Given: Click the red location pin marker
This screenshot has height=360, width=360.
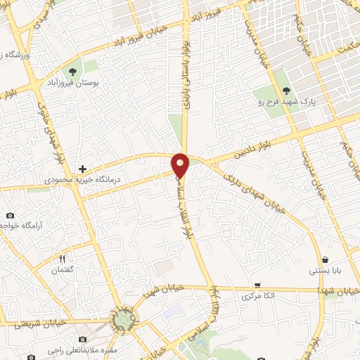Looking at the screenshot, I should [181, 165].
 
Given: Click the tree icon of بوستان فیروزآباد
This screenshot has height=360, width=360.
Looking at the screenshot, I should [72, 72].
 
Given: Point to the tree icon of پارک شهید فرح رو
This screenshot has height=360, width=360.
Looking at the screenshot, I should [286, 91].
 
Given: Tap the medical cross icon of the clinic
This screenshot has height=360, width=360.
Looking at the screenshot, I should [83, 169].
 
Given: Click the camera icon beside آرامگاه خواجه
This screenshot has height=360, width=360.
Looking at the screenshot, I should [10, 215].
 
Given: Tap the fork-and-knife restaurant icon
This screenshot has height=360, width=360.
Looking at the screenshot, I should [63, 259].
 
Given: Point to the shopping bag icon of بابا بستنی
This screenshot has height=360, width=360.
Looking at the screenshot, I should [324, 259].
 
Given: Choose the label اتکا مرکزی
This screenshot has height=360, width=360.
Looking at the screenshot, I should [257, 296].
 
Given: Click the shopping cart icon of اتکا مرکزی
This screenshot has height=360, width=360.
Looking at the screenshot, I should [257, 285].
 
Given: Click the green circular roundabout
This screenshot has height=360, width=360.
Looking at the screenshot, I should [124, 321].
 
